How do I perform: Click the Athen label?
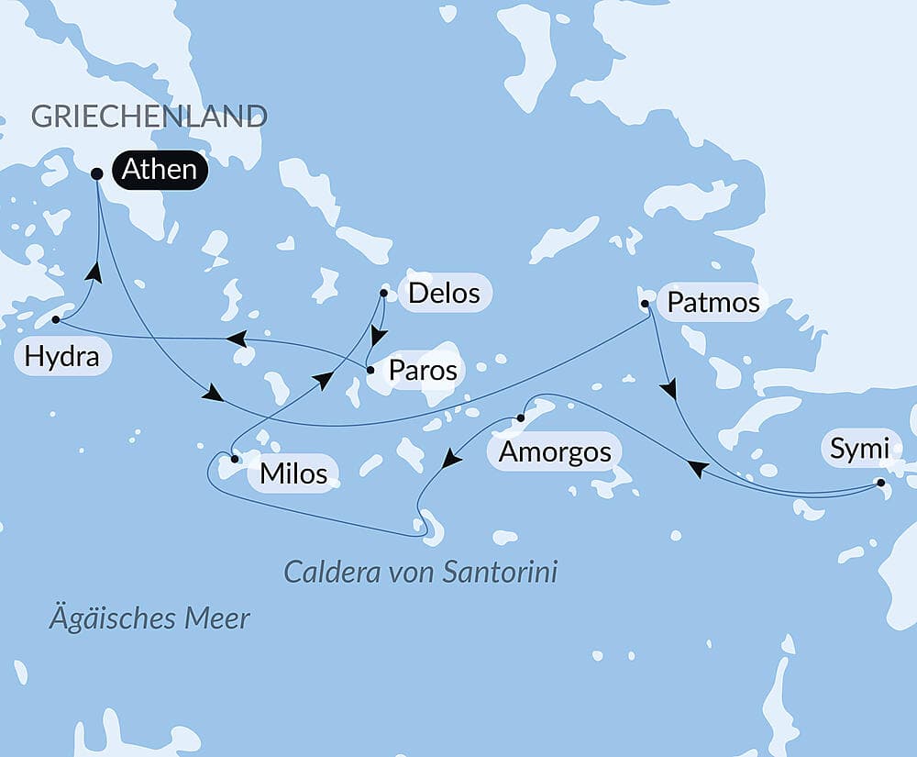[x=159, y=170]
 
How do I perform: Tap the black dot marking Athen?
[x=97, y=173]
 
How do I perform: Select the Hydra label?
[x=62, y=356]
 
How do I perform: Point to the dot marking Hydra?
[x=56, y=320]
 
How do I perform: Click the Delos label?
[x=444, y=294]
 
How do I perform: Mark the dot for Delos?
[x=383, y=294]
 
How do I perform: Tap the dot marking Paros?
[x=370, y=371]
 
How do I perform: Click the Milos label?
[x=293, y=473]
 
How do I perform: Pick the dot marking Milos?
[x=235, y=458]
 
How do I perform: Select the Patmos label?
[x=713, y=303]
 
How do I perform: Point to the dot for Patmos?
[x=645, y=303]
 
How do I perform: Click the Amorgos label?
[x=554, y=451]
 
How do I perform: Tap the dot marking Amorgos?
[x=520, y=418]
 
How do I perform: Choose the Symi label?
[x=859, y=449]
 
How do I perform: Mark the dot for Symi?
[x=881, y=483]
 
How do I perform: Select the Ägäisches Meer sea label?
[x=149, y=618]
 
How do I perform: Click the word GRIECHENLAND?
[x=149, y=117]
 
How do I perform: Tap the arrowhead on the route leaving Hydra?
[x=93, y=271]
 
